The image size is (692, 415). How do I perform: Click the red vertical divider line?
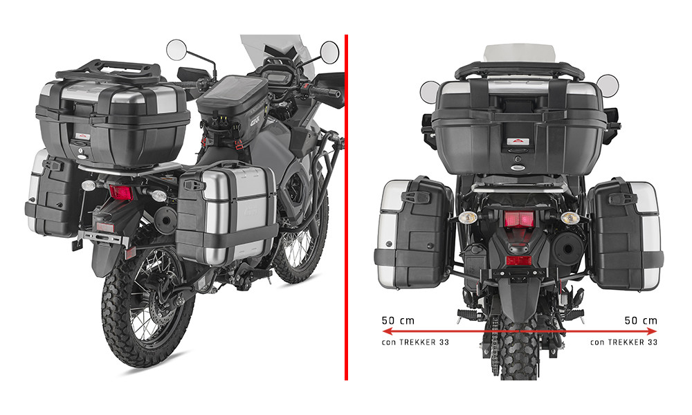346,207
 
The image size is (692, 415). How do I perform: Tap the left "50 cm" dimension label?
398,321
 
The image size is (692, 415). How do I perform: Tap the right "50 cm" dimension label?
641,321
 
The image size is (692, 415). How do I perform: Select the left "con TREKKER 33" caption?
415,342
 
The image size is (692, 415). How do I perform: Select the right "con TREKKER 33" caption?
623,342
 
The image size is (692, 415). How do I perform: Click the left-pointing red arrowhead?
388,331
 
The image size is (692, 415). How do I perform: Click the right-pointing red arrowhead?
651,331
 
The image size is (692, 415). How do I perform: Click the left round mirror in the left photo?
176,50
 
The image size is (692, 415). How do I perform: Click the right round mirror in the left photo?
329,52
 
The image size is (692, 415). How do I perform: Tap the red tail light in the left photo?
120,192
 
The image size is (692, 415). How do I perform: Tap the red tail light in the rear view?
519,219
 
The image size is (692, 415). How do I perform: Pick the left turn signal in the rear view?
468,217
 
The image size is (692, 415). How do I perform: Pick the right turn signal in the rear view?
570,217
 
